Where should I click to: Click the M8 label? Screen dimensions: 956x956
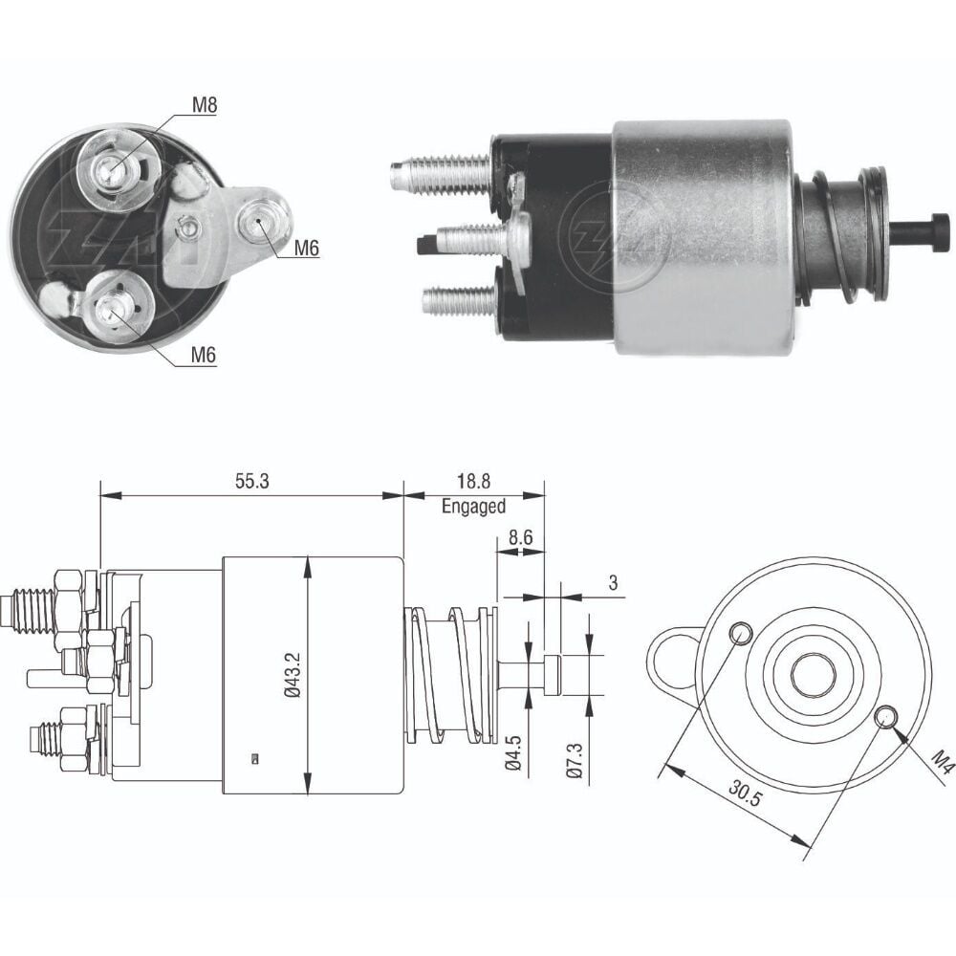(x=205, y=105)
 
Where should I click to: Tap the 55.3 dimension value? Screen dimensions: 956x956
(x=251, y=481)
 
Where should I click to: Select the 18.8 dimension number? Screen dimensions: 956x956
(x=474, y=481)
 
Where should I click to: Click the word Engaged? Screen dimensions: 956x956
(x=474, y=506)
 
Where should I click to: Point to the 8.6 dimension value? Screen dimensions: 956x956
(x=520, y=537)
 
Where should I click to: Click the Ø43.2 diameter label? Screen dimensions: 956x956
(x=293, y=674)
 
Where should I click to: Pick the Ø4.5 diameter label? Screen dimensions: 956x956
(x=513, y=754)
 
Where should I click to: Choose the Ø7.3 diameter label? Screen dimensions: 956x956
(x=575, y=760)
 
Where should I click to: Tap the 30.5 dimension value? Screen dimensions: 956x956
(x=745, y=793)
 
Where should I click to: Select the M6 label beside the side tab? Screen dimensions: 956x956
(x=306, y=249)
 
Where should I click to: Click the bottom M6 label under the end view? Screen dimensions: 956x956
(x=204, y=355)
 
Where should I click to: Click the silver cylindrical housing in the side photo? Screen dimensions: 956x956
(x=705, y=237)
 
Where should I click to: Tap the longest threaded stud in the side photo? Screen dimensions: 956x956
(x=440, y=174)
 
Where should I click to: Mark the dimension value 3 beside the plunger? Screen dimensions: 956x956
(x=613, y=583)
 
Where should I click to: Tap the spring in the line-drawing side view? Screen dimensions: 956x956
(x=451, y=675)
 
